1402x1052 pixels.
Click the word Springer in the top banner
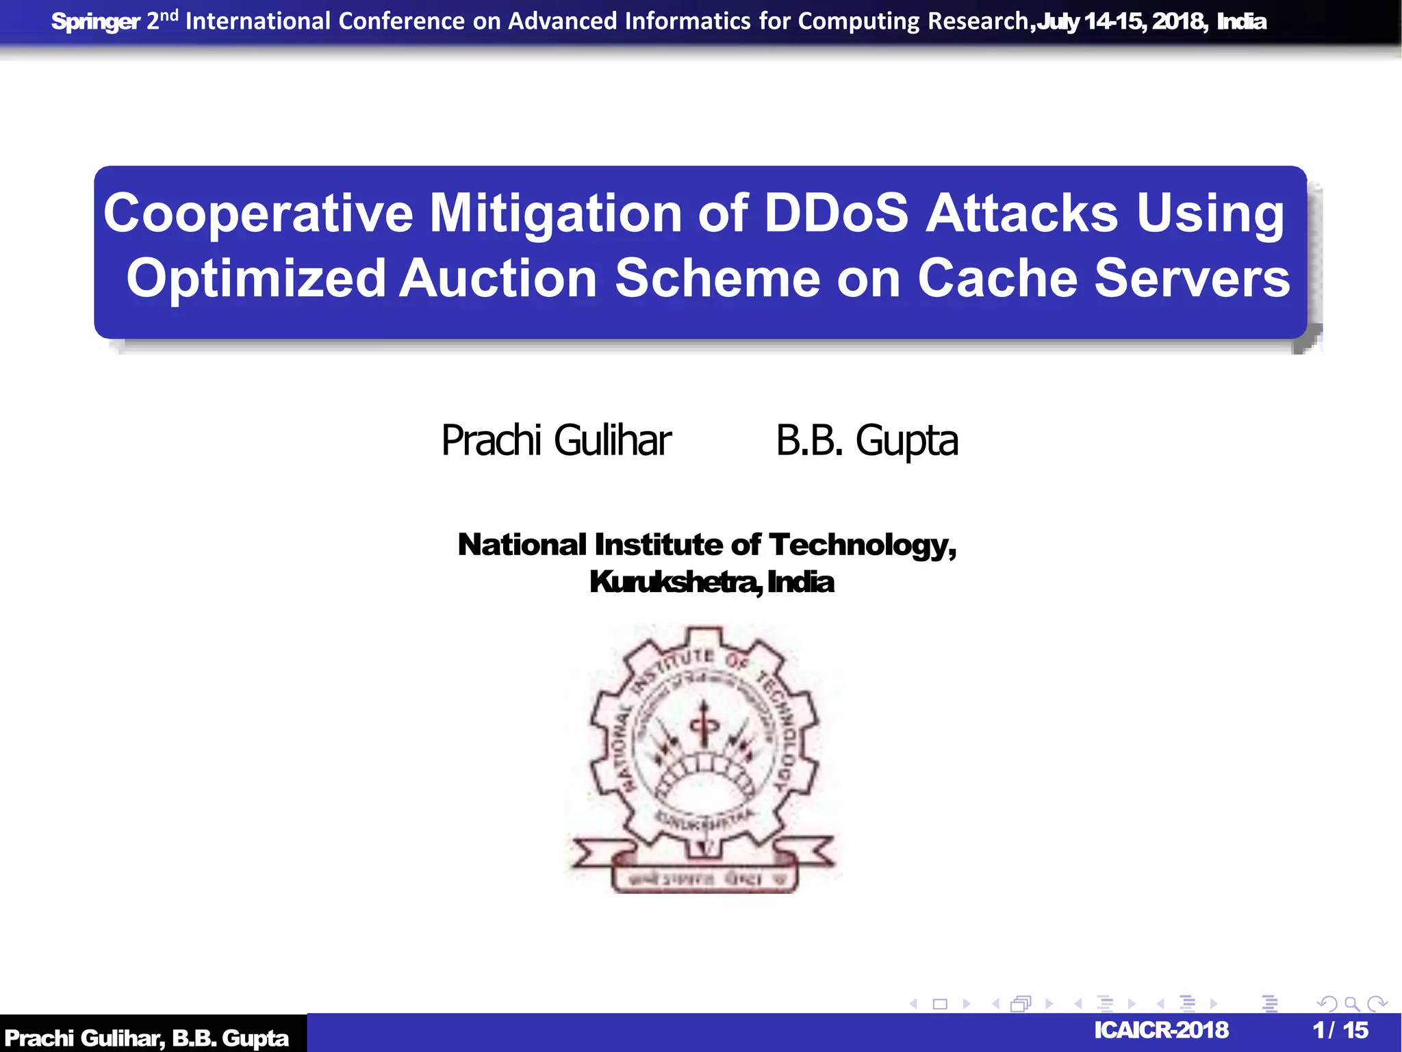pyautogui.click(x=95, y=22)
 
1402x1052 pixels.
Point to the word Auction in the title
pyautogui.click(x=498, y=279)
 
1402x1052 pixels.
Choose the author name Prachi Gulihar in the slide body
pyautogui.click(x=556, y=440)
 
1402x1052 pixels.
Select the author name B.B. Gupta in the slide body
pyautogui.click(x=867, y=440)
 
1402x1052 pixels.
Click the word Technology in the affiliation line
pyautogui.click(x=861, y=546)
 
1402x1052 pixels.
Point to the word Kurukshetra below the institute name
pyautogui.click(x=674, y=582)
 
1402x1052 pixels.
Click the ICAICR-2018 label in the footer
pyautogui.click(x=1161, y=1030)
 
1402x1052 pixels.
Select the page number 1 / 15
pyautogui.click(x=1340, y=1030)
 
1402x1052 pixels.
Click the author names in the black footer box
pyautogui.click(x=146, y=1038)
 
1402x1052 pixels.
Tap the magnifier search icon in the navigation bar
pyautogui.click(x=1351, y=1004)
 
